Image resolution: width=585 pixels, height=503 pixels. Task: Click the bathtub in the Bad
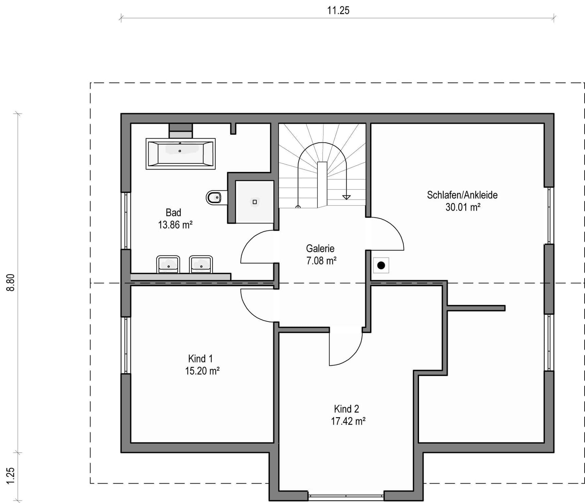[181, 154]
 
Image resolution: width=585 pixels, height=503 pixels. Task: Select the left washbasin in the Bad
[168, 264]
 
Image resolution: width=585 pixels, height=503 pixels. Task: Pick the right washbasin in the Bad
[201, 264]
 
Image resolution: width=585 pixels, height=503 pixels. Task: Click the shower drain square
[254, 202]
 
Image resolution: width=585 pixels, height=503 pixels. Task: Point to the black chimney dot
[381, 265]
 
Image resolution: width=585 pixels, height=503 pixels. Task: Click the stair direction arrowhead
[346, 197]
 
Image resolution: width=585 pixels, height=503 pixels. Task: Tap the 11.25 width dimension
[338, 11]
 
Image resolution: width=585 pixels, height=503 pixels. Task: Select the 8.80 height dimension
[11, 283]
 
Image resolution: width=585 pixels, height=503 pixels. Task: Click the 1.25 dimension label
[11, 475]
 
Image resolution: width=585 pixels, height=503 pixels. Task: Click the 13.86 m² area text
[175, 225]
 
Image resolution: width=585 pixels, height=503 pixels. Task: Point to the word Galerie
[320, 248]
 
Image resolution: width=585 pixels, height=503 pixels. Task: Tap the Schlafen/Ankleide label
[462, 195]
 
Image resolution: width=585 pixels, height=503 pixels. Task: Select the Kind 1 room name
[200, 359]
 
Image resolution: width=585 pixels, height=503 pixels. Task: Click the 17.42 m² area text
[348, 421]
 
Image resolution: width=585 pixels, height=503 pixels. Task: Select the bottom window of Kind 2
[346, 496]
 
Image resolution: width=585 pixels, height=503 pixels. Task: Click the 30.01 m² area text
[463, 207]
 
